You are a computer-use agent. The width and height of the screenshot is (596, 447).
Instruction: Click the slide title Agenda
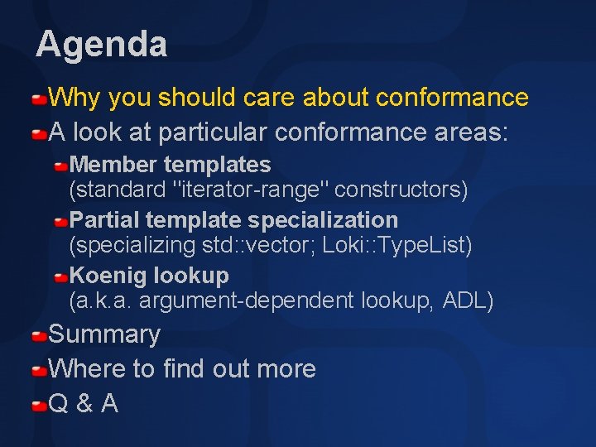click(101, 43)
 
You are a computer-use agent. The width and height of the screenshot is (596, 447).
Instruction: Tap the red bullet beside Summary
click(40, 336)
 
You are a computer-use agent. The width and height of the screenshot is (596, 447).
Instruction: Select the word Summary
click(104, 334)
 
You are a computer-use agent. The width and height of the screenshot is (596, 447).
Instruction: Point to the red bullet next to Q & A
click(40, 406)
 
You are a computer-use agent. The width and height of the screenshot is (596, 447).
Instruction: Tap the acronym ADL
click(468, 301)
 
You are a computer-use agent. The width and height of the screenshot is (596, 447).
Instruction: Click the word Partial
click(105, 220)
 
